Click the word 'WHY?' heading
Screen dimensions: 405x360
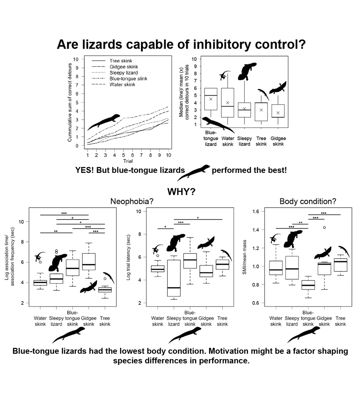pyautogui.click(x=181, y=192)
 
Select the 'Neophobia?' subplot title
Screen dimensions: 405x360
pyautogui.click(x=132, y=201)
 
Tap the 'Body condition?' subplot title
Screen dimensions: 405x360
pyautogui.click(x=308, y=201)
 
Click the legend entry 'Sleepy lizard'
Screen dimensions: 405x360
pyautogui.click(x=123, y=73)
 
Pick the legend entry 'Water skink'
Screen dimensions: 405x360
pyautogui.click(x=122, y=84)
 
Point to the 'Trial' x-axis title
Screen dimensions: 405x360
pyautogui.click(x=128, y=161)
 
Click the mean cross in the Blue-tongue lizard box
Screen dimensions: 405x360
pyautogui.click(x=211, y=99)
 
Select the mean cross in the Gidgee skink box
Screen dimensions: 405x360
pyautogui.click(x=278, y=113)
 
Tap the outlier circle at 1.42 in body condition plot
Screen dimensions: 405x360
pyautogui.click(x=325, y=227)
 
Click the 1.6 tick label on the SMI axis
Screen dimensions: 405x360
pyautogui.click(x=256, y=212)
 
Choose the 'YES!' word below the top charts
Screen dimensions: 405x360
pyautogui.click(x=85, y=170)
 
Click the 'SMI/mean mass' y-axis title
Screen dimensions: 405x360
pyautogui.click(x=245, y=257)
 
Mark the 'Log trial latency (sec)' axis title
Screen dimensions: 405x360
pyautogui.click(x=128, y=257)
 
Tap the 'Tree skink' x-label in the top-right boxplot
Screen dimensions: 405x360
pyautogui.click(x=261, y=141)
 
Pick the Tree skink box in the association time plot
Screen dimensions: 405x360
pyautogui.click(x=105, y=290)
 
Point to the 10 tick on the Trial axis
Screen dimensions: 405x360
pyautogui.click(x=168, y=155)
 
